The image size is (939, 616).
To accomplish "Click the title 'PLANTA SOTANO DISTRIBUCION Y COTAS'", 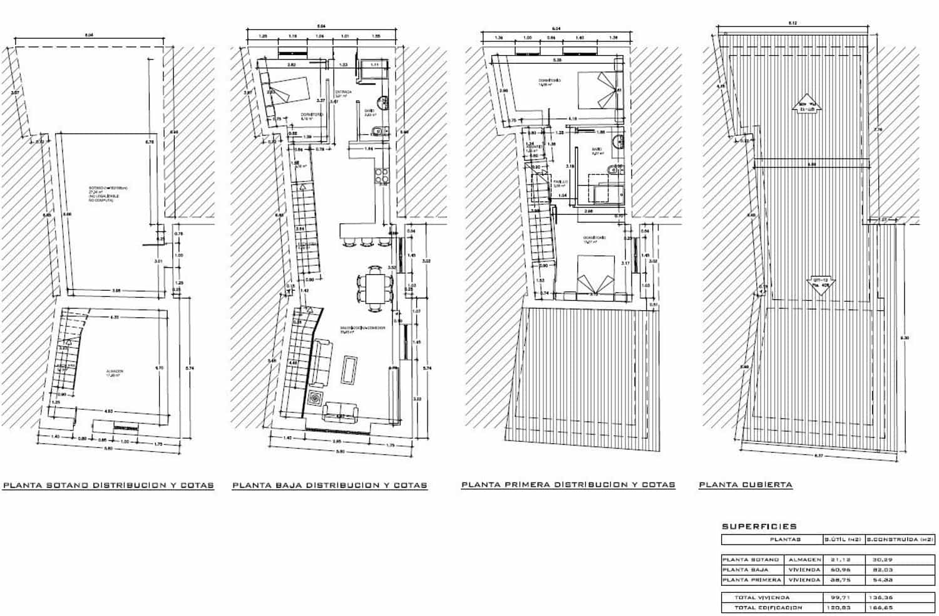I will pyautogui.click(x=108, y=485).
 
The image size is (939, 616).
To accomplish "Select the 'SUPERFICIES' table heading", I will pyautogui.click(x=759, y=526).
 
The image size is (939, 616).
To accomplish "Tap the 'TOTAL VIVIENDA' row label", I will pyautogui.click(x=762, y=597).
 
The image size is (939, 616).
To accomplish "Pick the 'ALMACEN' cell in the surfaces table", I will pyautogui.click(x=804, y=560).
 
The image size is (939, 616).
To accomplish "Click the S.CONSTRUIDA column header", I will pyautogui.click(x=900, y=539).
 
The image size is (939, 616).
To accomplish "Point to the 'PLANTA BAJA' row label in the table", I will pyautogui.click(x=746, y=570).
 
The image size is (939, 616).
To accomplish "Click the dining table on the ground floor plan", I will pyautogui.click(x=376, y=289).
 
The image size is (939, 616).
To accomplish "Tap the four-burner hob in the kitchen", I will pyautogui.click(x=381, y=177).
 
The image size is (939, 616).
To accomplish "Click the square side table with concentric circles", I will pyautogui.click(x=314, y=399).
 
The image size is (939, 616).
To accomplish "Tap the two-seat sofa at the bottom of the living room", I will pyautogui.click(x=340, y=412).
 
